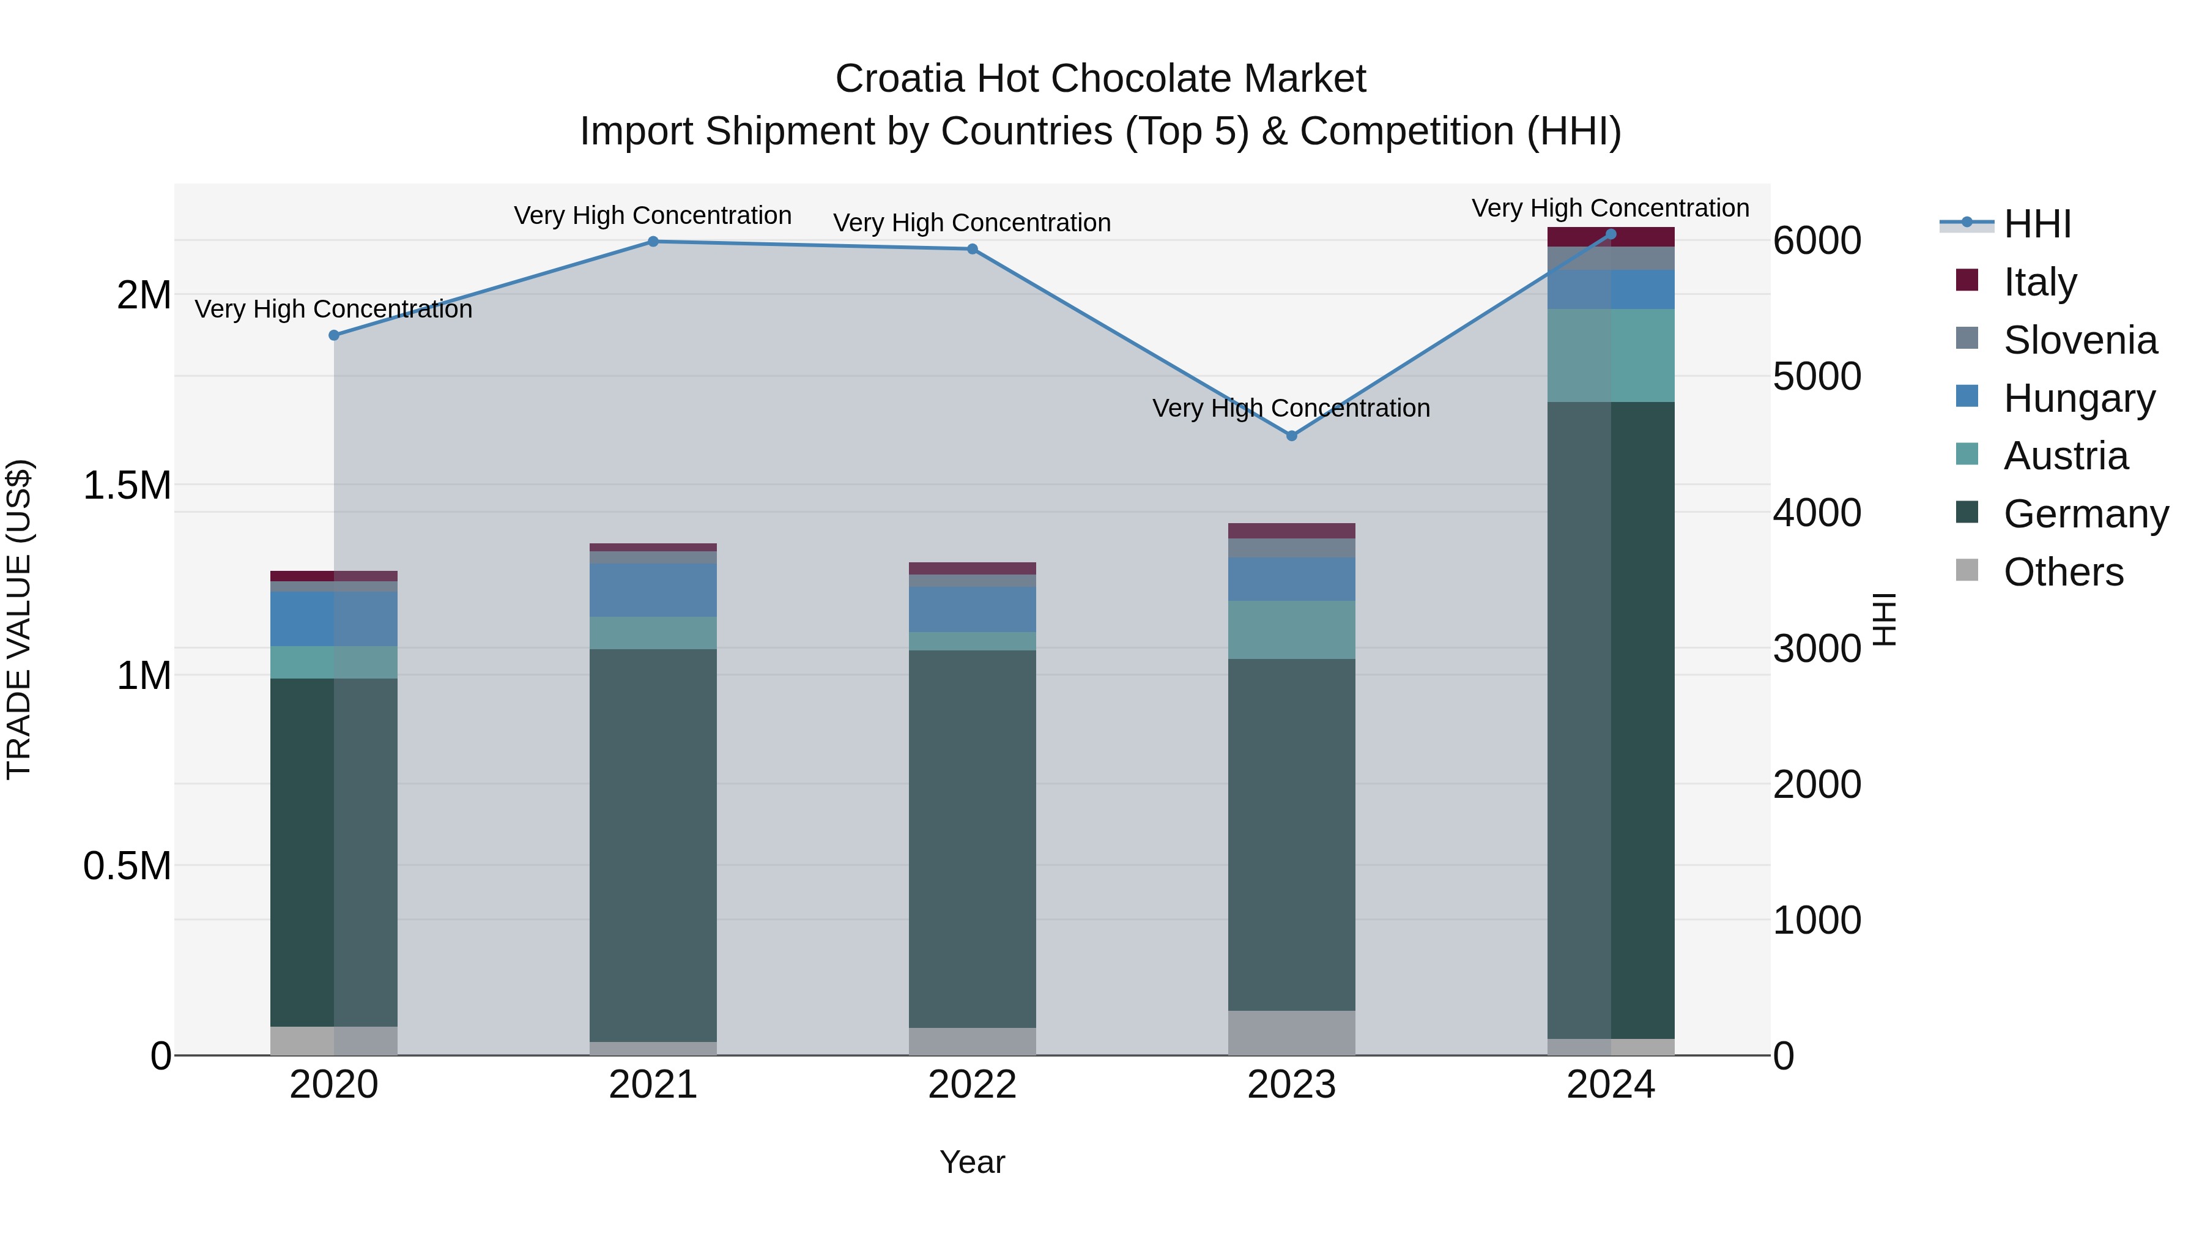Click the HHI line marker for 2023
[x=1292, y=436]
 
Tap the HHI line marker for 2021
[x=653, y=241]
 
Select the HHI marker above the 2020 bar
[x=334, y=335]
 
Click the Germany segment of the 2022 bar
[x=972, y=838]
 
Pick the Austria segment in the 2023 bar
[x=1292, y=630]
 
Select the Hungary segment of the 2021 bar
[x=653, y=590]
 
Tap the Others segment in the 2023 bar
[x=1292, y=1033]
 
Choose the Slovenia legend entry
[x=2080, y=340]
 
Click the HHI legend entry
[x=2037, y=224]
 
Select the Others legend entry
[x=2063, y=572]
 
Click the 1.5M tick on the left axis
[x=127, y=486]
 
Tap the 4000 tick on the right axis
[x=1817, y=513]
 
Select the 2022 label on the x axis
[x=972, y=1085]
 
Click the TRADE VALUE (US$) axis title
[x=19, y=619]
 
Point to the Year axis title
[x=972, y=1162]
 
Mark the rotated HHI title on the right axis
[x=1884, y=619]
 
